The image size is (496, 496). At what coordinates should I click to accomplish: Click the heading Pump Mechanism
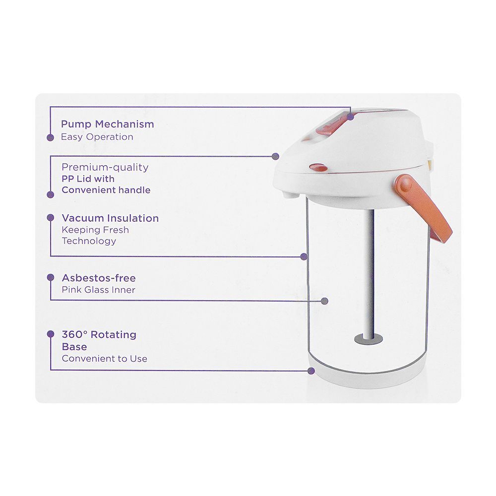point(107,124)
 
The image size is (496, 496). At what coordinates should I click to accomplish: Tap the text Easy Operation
point(97,137)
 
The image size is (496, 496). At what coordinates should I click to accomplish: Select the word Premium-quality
point(105,167)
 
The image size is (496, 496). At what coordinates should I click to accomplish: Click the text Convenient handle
point(106,190)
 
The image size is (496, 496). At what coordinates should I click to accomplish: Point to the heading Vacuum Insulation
point(110,218)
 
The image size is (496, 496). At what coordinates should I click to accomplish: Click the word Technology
point(89,241)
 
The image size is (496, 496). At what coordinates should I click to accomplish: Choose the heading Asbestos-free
point(99,278)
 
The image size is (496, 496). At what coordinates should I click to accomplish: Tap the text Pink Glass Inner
point(98,290)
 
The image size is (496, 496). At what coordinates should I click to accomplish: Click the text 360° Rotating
point(99,334)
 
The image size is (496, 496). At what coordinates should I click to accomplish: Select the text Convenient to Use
point(104,359)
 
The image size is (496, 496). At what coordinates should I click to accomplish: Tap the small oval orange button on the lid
point(318,167)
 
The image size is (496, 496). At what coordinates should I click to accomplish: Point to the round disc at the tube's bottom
point(369,339)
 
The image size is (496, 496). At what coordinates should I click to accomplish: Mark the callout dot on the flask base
point(311,371)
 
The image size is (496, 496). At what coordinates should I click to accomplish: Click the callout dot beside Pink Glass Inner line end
point(324,301)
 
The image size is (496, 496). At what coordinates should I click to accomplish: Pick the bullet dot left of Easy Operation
point(50,137)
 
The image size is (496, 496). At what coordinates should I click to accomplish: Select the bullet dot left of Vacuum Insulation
point(50,218)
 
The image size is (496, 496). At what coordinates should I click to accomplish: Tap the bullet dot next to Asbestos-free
point(50,277)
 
